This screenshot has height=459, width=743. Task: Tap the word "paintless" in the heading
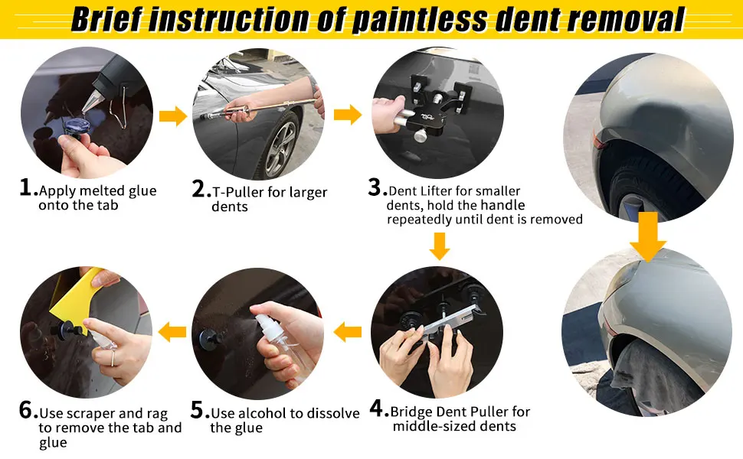click(420, 20)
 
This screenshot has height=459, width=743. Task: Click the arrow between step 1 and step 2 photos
click(173, 116)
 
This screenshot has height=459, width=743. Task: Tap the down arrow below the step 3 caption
click(440, 246)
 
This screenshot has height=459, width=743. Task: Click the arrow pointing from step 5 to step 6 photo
click(172, 332)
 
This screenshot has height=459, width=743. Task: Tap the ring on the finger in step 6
click(113, 358)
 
